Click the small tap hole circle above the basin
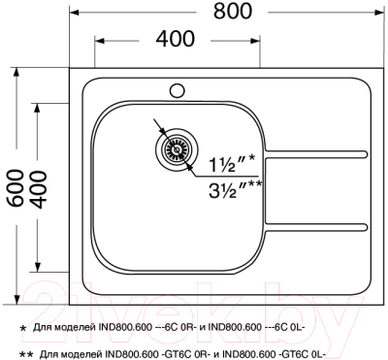point(177,91)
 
